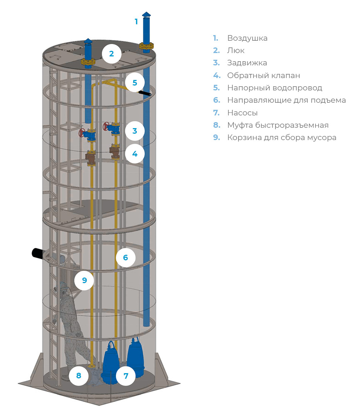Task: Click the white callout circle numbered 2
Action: (111, 53)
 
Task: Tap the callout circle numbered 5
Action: (135, 83)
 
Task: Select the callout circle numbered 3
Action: (135, 131)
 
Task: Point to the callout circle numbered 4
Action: (135, 154)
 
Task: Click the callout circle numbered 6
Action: (126, 257)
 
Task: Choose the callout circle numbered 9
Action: (84, 280)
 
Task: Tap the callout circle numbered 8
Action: (79, 375)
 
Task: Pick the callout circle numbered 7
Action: (126, 376)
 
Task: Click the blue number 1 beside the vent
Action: (136, 22)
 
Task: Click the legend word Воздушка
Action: (247, 38)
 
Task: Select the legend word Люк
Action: (236, 50)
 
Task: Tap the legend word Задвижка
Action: (247, 63)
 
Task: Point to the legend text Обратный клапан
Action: (264, 75)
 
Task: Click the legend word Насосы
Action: (242, 112)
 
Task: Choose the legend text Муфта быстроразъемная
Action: (278, 125)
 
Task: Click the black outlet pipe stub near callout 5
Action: (145, 93)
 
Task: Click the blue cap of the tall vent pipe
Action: (147, 15)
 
